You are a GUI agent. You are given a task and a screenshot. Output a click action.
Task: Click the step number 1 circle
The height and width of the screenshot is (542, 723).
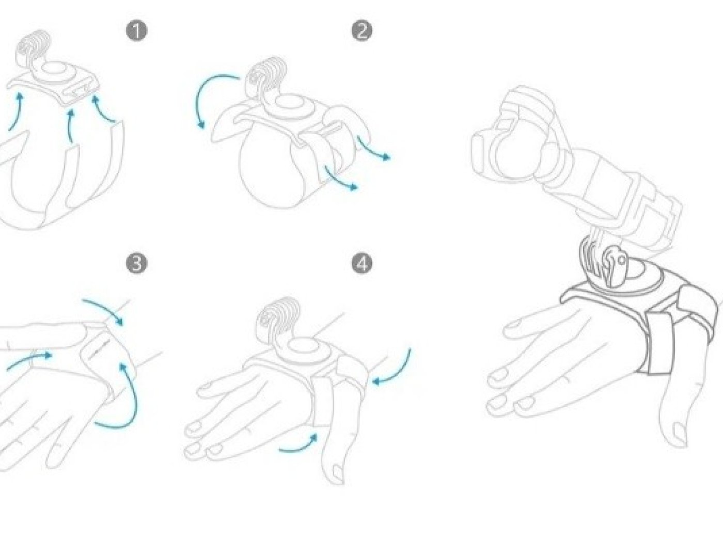click(137, 31)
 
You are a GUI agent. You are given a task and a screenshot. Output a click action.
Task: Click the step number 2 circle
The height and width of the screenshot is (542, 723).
click(362, 31)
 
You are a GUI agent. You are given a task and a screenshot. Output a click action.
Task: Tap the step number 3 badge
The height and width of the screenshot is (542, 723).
click(137, 264)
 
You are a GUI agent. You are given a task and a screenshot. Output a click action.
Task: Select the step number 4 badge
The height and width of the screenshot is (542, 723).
click(362, 264)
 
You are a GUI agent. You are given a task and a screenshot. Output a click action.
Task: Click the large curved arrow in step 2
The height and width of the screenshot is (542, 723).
click(201, 95)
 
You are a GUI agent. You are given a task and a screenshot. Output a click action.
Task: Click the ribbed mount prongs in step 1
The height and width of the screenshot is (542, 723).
click(33, 50)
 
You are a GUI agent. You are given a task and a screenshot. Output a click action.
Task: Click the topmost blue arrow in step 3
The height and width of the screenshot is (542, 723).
click(104, 309)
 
